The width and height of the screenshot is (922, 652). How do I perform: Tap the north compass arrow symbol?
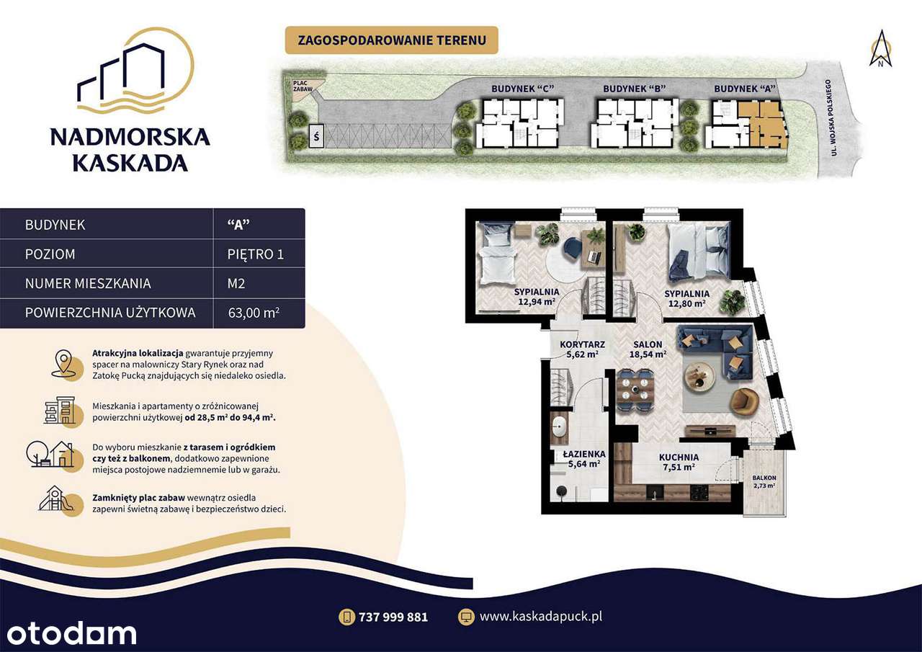click(880, 49)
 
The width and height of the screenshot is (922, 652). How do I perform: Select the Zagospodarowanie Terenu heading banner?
click(391, 40)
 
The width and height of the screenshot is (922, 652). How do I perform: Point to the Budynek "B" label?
click(634, 88)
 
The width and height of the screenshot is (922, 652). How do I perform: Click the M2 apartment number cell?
click(236, 283)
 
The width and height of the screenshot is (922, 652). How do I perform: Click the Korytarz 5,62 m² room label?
click(581, 349)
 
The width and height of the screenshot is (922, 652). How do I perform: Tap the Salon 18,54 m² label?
click(648, 349)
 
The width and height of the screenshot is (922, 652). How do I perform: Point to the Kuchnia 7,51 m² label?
click(678, 462)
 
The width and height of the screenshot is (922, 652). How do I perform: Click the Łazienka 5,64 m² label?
click(583, 459)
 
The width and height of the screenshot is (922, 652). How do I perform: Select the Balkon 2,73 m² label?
click(764, 482)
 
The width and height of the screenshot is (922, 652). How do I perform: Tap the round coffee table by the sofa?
click(699, 372)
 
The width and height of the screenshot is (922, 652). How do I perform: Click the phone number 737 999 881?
click(393, 617)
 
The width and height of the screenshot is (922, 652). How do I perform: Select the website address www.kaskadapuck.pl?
click(540, 617)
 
